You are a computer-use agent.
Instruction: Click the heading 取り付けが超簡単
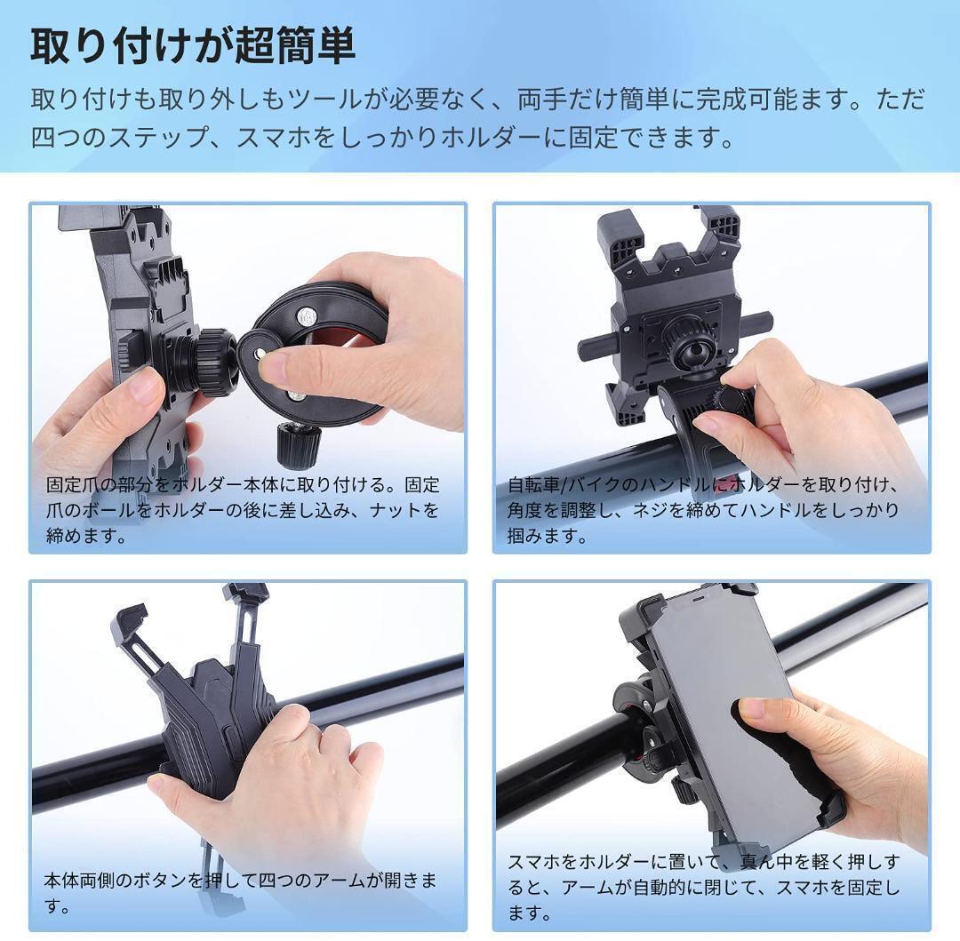(x=194, y=46)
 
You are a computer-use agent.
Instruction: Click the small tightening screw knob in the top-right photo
(x=729, y=400)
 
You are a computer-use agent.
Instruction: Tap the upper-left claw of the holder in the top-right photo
(x=620, y=235)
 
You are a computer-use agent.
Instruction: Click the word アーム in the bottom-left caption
(x=340, y=881)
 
